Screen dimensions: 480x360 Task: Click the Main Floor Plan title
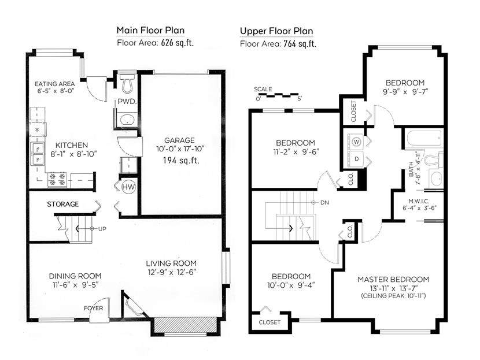[150, 30]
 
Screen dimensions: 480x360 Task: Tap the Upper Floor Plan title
[276, 31]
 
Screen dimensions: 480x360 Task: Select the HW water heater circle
[128, 187]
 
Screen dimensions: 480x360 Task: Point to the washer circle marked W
[356, 142]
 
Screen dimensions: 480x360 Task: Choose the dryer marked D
[356, 159]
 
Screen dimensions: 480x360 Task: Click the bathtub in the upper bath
[424, 139]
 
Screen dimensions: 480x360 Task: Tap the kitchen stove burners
[58, 180]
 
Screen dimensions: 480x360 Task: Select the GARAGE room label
[179, 140]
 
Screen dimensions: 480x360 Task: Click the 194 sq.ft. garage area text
[181, 160]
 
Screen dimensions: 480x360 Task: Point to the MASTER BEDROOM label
[393, 279]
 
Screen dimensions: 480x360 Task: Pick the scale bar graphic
[278, 95]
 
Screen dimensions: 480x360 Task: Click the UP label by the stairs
[102, 228]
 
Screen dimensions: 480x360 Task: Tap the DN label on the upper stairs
[324, 202]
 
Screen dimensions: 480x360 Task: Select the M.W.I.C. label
[419, 201]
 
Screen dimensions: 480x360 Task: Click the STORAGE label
[63, 204]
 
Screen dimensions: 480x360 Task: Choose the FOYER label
[93, 308]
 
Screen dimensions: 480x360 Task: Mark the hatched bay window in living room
[184, 325]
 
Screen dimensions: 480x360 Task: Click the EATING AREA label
[54, 84]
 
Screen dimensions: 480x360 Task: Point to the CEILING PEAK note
[393, 296]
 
